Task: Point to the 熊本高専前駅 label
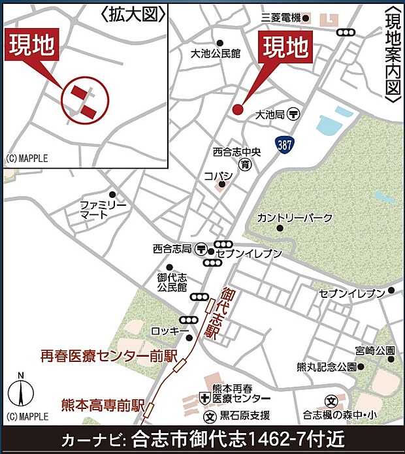[x=103, y=404]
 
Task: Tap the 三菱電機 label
[x=280, y=18]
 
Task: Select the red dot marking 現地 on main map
[x=237, y=109]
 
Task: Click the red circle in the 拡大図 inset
[x=85, y=102]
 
